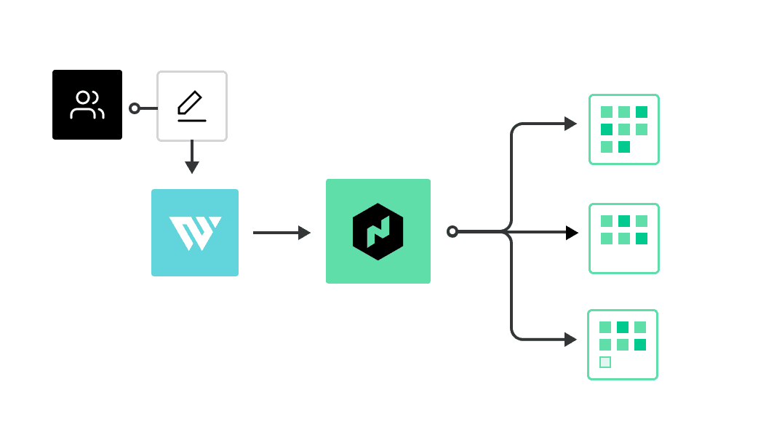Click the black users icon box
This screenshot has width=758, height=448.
[87, 105]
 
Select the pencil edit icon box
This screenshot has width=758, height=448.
[192, 106]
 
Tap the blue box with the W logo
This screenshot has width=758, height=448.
[195, 233]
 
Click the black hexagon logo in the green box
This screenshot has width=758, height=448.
[378, 231]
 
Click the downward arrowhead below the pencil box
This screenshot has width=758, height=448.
[192, 167]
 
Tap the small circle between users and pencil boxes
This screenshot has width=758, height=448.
[135, 108]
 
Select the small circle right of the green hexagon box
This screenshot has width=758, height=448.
[452, 231]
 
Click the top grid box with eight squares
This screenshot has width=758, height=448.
[624, 129]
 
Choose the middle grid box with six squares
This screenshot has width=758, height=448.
[624, 239]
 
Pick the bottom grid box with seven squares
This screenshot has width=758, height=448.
[623, 345]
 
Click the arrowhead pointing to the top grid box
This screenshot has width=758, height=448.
[570, 124]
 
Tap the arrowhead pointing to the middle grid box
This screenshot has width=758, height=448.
[572, 233]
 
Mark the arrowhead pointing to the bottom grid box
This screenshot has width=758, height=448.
[570, 340]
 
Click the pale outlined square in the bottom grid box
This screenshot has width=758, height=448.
[605, 362]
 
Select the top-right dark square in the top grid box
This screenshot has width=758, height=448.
[642, 112]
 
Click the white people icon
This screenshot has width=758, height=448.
[87, 105]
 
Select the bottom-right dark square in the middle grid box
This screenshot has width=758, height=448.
[642, 239]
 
